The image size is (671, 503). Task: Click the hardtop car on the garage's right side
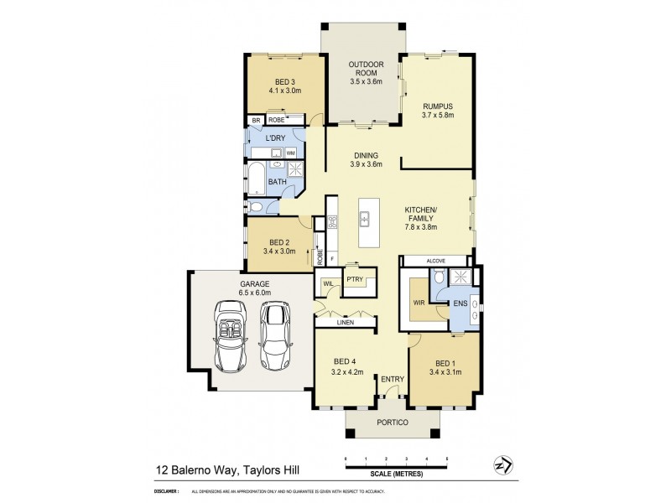click(x=274, y=335)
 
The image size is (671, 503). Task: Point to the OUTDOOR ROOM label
click(x=367, y=69)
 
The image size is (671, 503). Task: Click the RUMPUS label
click(x=438, y=106)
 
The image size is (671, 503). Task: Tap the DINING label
click(x=366, y=155)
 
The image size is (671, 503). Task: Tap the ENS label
click(x=460, y=302)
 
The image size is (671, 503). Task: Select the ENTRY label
click(x=393, y=380)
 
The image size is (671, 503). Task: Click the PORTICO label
click(x=392, y=423)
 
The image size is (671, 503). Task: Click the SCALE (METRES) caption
click(x=397, y=474)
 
